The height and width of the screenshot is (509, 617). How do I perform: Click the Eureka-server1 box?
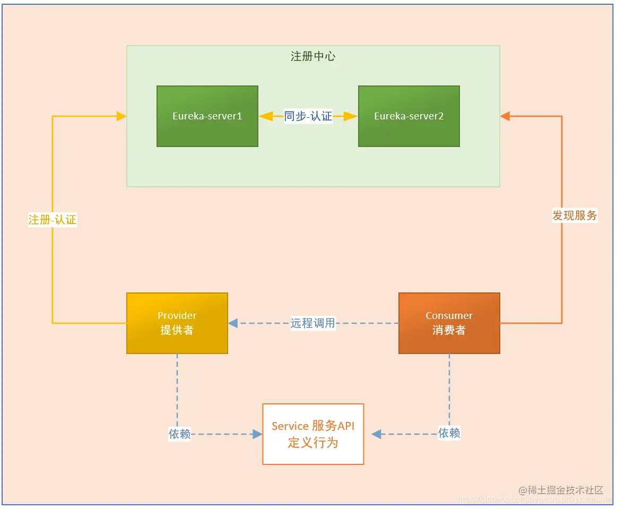207,116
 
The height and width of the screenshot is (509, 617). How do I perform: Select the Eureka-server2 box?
409,116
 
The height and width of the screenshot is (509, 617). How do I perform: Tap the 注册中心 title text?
313,56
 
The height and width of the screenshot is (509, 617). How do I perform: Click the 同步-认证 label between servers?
308,116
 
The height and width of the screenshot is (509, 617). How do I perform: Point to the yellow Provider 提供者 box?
177,323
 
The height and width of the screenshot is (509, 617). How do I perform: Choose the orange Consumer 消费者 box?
449,323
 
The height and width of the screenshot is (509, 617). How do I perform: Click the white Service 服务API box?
313,434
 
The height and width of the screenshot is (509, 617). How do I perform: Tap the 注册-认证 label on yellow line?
53,220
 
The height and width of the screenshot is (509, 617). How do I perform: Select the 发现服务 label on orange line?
575,215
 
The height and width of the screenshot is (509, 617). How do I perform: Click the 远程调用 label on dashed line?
313,323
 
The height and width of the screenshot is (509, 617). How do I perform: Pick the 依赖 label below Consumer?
449,433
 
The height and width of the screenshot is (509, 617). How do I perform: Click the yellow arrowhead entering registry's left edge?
121,116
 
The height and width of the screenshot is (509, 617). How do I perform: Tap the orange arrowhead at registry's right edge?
505,116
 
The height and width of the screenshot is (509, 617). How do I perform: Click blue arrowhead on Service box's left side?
257,434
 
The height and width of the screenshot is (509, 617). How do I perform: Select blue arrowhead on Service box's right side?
377,434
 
